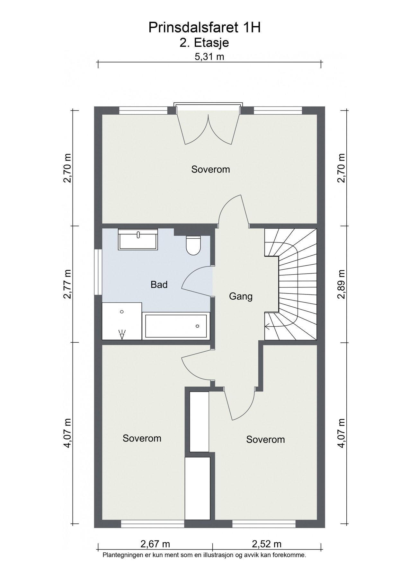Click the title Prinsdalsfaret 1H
pos(204,28)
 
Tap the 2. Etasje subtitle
pos(204,43)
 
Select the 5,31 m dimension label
pos(209,57)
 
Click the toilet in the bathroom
pos(193,245)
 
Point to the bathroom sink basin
pos(138,239)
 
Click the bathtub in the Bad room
pos(176,326)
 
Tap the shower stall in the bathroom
pos(122,321)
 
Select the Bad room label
pos(159,285)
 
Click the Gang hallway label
pos(241,296)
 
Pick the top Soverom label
pos(210,169)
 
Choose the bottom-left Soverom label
pos(142,438)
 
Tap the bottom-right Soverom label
pos(265,439)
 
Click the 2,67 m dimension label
pos(155,544)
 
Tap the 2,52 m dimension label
pos(267,544)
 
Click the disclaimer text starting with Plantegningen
pos(204,555)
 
